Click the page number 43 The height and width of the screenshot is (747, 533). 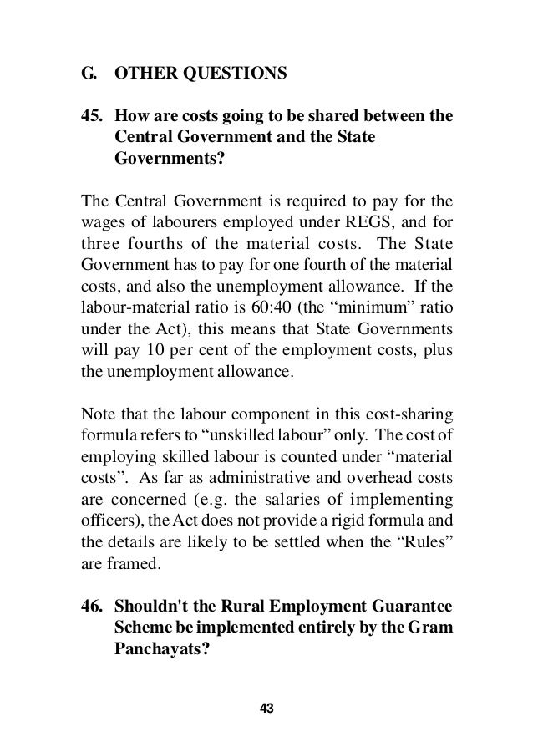(266, 709)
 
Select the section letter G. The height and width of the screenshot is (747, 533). (86, 73)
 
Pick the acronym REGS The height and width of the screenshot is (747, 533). (362, 221)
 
